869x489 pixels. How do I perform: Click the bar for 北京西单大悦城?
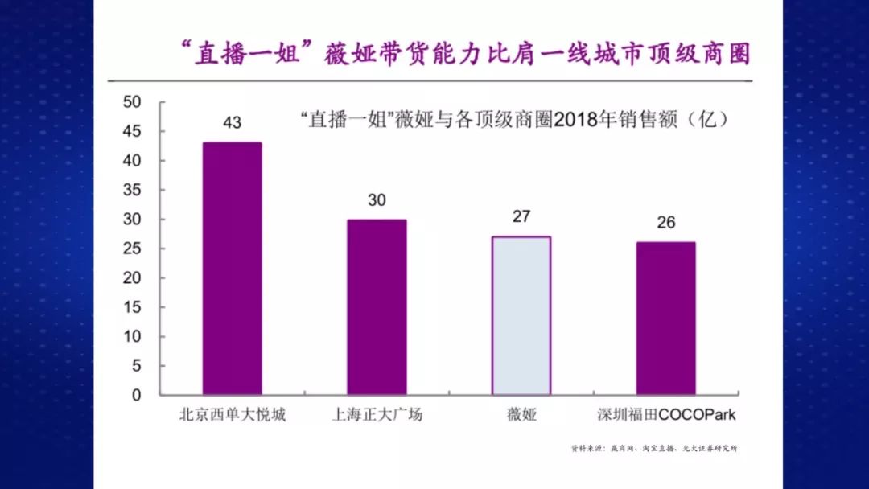click(x=232, y=269)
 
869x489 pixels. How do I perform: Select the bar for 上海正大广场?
click(x=377, y=307)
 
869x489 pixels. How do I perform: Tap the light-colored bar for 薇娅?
click(x=521, y=315)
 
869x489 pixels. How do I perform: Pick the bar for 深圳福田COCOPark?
click(x=665, y=318)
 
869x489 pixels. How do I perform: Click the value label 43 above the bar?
click(x=232, y=123)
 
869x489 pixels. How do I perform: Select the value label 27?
click(x=521, y=218)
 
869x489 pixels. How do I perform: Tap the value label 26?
click(x=665, y=223)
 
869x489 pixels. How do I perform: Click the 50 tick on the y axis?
click(x=131, y=102)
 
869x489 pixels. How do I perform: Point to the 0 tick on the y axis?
click(x=136, y=396)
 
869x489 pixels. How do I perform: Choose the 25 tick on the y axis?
click(x=131, y=249)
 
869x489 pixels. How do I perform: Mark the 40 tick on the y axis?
click(x=131, y=161)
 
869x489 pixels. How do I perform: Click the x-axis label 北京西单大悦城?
click(x=232, y=416)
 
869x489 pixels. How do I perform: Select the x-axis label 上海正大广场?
click(x=377, y=416)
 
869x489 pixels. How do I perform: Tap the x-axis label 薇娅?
click(x=521, y=416)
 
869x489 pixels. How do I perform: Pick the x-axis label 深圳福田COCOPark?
click(x=666, y=416)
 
